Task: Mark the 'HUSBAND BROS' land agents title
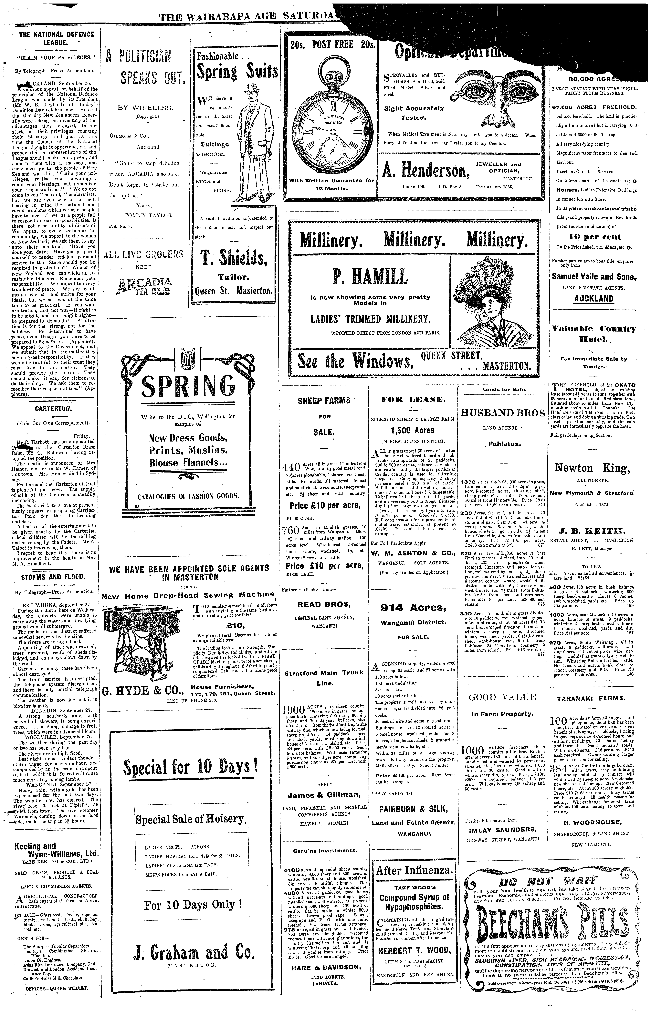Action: (502, 413)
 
